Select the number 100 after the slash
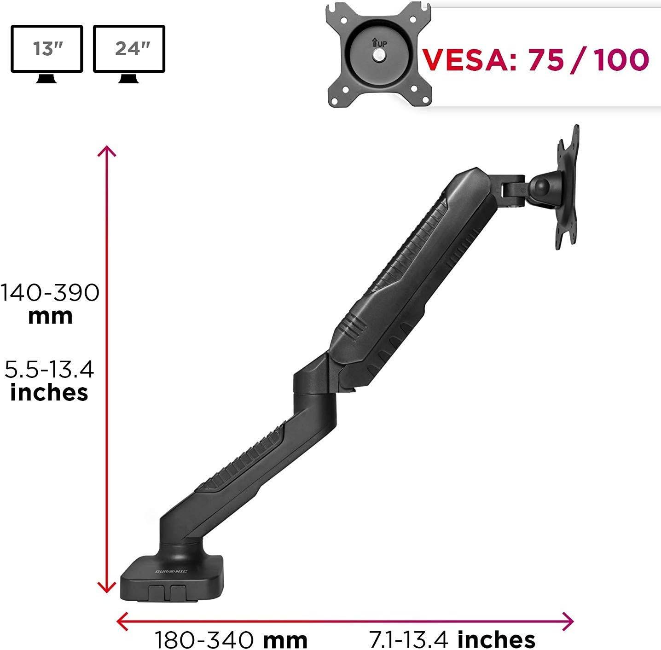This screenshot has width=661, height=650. pyautogui.click(x=620, y=59)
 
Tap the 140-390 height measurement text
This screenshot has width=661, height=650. pyautogui.click(x=50, y=293)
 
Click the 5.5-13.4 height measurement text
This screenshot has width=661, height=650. pyautogui.click(x=49, y=369)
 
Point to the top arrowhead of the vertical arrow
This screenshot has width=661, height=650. pyautogui.click(x=107, y=151)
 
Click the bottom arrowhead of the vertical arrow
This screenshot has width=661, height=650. pyautogui.click(x=107, y=588)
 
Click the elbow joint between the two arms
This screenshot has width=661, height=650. pyautogui.click(x=314, y=382)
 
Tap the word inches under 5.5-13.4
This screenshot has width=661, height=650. pyautogui.click(x=49, y=393)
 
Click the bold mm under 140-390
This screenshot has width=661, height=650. pyautogui.click(x=50, y=317)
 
